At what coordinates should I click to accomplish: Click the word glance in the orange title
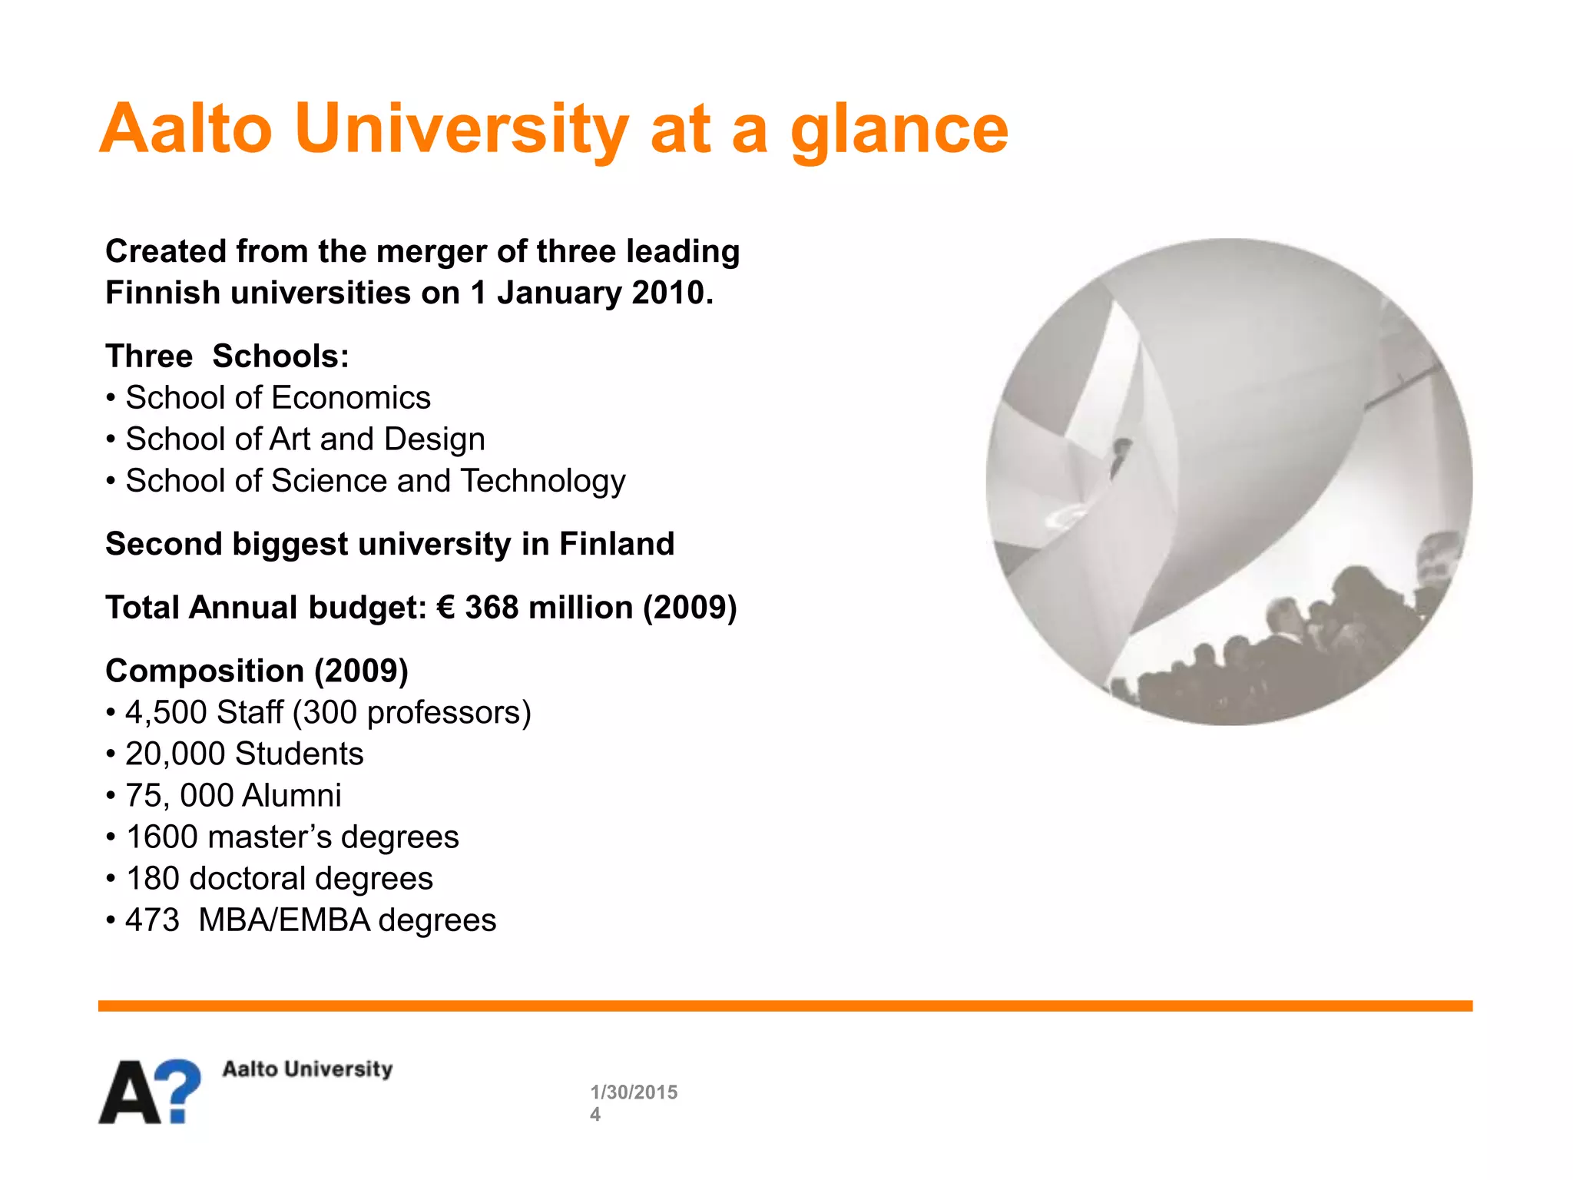click(899, 131)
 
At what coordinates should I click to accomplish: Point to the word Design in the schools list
click(435, 439)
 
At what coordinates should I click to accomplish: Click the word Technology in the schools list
click(543, 481)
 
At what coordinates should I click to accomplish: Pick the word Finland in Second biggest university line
click(617, 544)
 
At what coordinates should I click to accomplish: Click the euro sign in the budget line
click(445, 608)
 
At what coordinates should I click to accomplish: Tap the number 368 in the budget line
click(492, 608)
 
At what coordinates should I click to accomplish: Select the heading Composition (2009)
click(257, 671)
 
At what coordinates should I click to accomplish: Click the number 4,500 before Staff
click(166, 713)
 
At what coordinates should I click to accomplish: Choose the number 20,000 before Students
click(174, 754)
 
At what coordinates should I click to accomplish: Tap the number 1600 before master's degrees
click(161, 837)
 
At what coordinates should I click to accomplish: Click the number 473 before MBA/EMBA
click(152, 920)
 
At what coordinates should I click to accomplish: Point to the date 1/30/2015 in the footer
click(634, 1092)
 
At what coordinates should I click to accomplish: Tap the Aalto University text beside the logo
click(307, 1069)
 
